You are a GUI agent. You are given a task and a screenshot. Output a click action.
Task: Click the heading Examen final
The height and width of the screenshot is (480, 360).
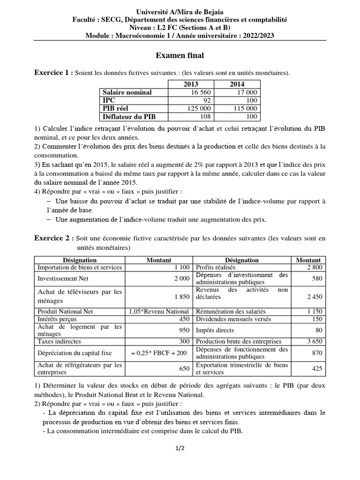[180, 56]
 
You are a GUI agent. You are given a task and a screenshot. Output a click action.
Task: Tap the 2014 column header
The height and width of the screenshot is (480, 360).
[237, 84]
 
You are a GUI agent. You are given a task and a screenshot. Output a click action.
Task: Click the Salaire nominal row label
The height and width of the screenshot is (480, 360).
[127, 92]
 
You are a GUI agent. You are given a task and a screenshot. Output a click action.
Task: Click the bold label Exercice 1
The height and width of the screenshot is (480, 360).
[53, 72]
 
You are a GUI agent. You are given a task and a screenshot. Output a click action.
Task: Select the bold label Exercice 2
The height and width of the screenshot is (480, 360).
[53, 238]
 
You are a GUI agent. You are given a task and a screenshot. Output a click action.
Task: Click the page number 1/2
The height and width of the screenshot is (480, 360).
[180, 448]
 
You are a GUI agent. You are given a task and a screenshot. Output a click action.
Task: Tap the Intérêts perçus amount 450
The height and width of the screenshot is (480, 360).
[183, 319]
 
